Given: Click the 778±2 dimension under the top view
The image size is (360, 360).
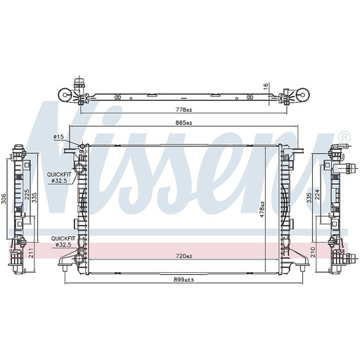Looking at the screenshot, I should pos(184,109).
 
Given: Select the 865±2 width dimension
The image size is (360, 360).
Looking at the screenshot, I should pos(184,123).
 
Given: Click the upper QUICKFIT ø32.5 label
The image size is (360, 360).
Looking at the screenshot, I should pos(58,177).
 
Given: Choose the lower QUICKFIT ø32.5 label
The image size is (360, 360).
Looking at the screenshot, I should pos(60,242).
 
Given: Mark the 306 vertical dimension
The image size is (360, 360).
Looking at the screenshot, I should pos(4,200).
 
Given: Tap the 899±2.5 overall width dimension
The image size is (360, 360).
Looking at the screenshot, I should pos(184,280).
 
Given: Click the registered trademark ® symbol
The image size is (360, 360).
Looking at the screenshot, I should pos(343,136).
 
